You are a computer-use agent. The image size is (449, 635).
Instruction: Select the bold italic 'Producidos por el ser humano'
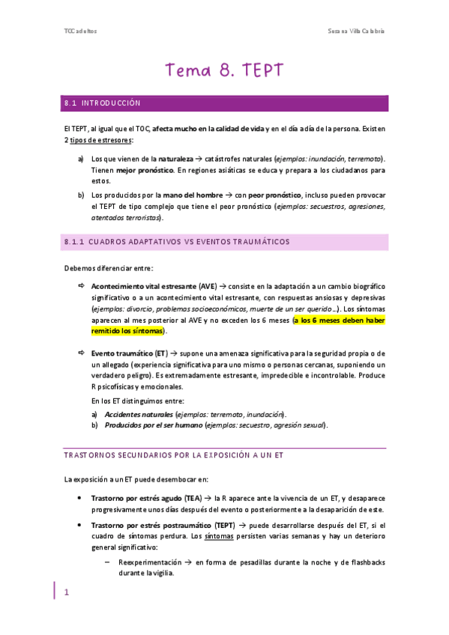(x=153, y=425)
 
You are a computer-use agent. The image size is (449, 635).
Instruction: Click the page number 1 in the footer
(x=66, y=592)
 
